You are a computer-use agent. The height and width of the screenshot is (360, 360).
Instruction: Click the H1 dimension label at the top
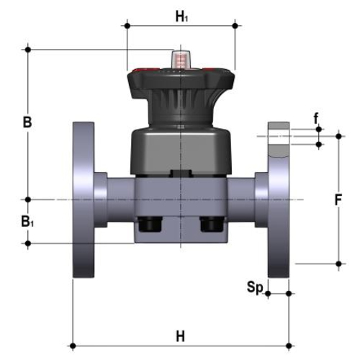coord(181,17)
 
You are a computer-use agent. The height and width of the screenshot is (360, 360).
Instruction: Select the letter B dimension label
coord(27,122)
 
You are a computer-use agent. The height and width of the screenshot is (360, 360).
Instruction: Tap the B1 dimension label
coord(27,222)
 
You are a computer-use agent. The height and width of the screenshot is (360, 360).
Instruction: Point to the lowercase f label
coord(316,118)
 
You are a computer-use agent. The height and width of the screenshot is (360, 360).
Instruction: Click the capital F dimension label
coord(338,200)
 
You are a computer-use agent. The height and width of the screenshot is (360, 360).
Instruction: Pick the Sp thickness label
coord(255,287)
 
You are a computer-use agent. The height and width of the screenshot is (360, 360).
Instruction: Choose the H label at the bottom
coord(181,336)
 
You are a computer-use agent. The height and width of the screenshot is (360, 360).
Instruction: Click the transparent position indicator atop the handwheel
coord(181,60)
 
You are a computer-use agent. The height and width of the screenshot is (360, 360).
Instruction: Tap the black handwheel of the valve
coord(181,84)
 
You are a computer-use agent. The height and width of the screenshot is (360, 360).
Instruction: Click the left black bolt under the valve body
coord(150,225)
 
